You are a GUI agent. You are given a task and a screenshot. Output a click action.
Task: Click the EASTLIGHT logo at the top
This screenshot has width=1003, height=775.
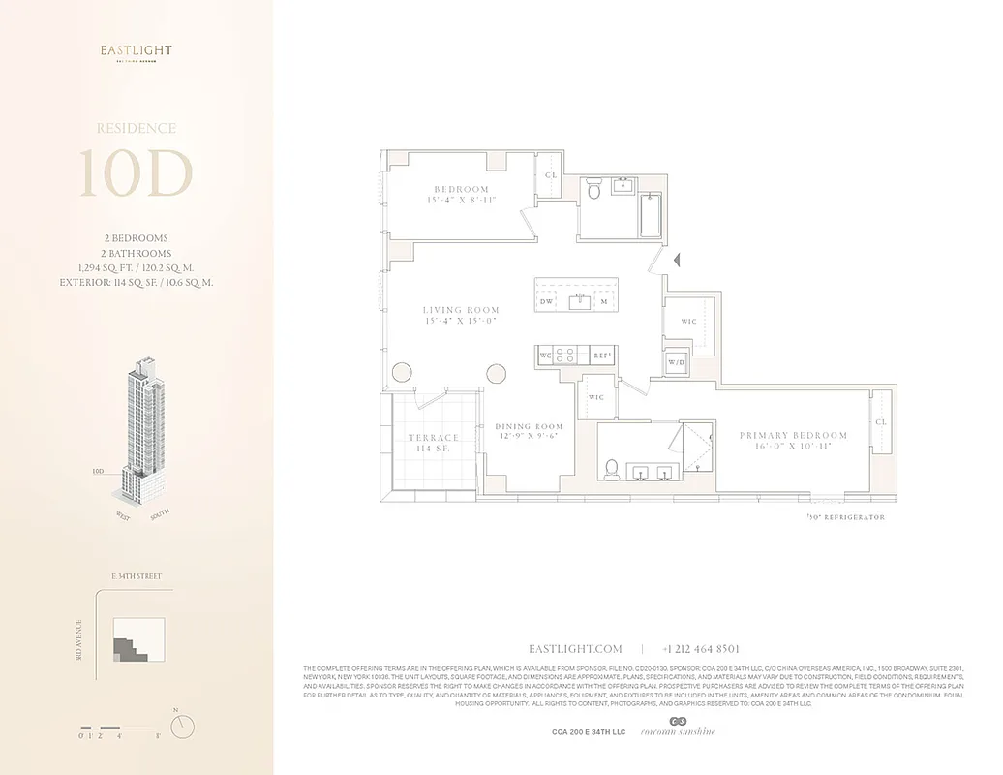[x=137, y=50]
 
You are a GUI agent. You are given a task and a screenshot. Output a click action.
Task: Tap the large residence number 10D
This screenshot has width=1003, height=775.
[x=136, y=174]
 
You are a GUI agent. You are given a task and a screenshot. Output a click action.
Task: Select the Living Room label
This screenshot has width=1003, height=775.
[x=461, y=311]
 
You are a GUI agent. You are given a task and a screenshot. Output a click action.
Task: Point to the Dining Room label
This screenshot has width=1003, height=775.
[x=529, y=426]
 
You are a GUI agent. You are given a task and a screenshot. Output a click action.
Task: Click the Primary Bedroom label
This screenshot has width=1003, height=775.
[x=793, y=436]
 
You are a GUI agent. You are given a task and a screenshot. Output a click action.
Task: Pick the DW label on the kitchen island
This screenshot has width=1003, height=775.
[x=546, y=302]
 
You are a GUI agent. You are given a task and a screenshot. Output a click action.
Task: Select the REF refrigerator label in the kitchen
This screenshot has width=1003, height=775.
[x=601, y=356]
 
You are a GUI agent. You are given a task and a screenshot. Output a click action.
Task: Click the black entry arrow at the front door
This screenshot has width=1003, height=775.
[x=678, y=260]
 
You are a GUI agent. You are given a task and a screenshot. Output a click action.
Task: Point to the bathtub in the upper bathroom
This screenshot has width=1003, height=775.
[x=651, y=214]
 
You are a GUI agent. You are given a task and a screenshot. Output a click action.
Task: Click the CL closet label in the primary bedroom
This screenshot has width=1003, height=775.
[x=881, y=422]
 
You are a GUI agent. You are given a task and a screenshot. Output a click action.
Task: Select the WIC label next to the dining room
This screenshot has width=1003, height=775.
[x=596, y=397]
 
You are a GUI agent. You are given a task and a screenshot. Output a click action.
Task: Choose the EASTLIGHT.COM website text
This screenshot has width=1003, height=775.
[x=575, y=649]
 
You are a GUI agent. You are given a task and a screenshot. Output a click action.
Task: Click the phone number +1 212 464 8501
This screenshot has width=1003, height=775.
[x=701, y=649]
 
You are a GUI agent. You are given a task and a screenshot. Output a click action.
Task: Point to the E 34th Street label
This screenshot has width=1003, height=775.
[x=137, y=576]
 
